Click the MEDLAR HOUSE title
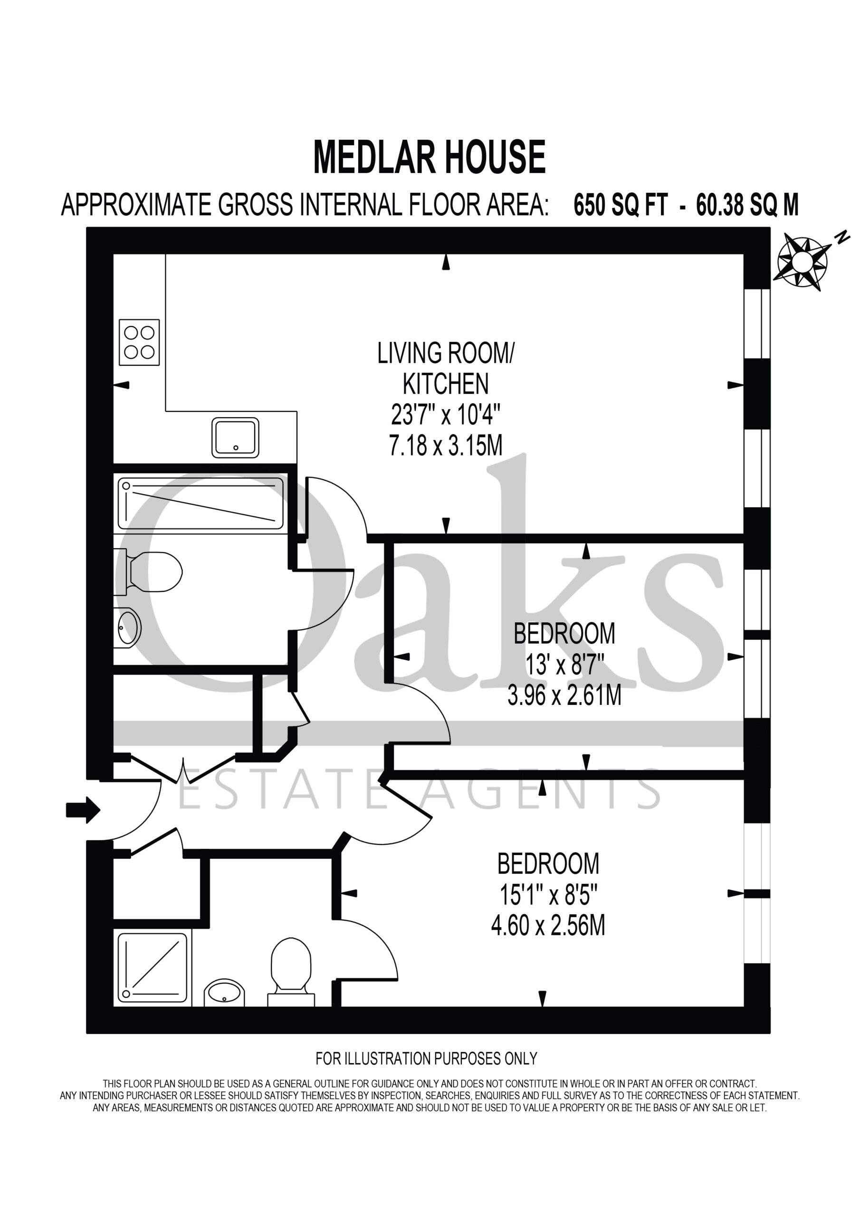point(429,157)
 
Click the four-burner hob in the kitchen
point(139,342)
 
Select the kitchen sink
point(235,437)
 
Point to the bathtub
point(201,503)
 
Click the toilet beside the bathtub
point(148,572)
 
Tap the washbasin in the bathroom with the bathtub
point(128,628)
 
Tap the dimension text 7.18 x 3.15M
point(446,446)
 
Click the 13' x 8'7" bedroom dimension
point(564,664)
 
